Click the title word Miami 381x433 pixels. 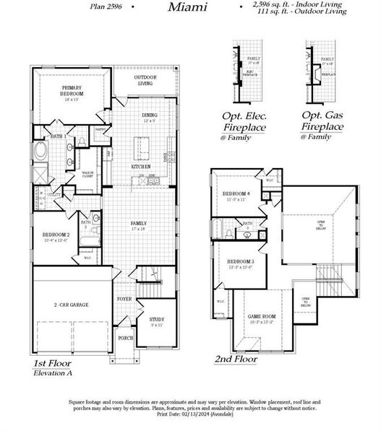(x=188, y=7)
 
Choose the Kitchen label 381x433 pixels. (x=140, y=167)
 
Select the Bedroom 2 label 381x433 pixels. (x=56, y=237)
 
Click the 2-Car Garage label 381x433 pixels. (x=72, y=305)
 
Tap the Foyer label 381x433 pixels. (x=124, y=298)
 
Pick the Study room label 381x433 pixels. (x=157, y=320)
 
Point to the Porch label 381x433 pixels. (x=125, y=337)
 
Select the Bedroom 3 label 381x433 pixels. (x=240, y=262)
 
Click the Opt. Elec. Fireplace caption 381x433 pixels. (x=245, y=121)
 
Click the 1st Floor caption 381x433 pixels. (x=53, y=364)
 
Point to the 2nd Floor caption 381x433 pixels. (x=236, y=358)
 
